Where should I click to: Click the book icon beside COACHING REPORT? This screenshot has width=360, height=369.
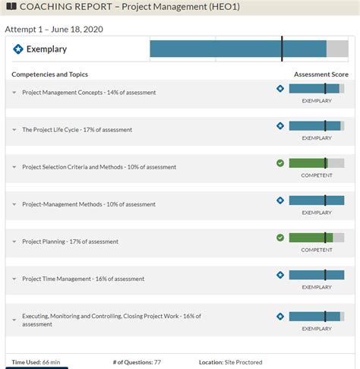10,6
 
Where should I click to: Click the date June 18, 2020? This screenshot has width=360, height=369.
75,30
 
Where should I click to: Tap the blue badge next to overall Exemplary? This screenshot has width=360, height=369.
18,49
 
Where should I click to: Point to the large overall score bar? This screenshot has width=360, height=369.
248,49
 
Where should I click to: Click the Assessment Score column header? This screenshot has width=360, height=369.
321,74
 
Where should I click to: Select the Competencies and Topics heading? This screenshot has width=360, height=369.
50,74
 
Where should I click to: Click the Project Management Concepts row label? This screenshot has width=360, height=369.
89,93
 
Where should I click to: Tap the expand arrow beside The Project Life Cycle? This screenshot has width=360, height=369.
14,130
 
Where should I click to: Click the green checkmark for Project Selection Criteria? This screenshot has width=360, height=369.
280,162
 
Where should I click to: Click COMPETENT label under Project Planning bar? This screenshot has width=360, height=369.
316,250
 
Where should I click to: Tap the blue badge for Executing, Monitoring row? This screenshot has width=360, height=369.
280,316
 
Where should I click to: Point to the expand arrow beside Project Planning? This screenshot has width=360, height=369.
14,241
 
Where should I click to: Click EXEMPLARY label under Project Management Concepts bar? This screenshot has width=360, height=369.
316,101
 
